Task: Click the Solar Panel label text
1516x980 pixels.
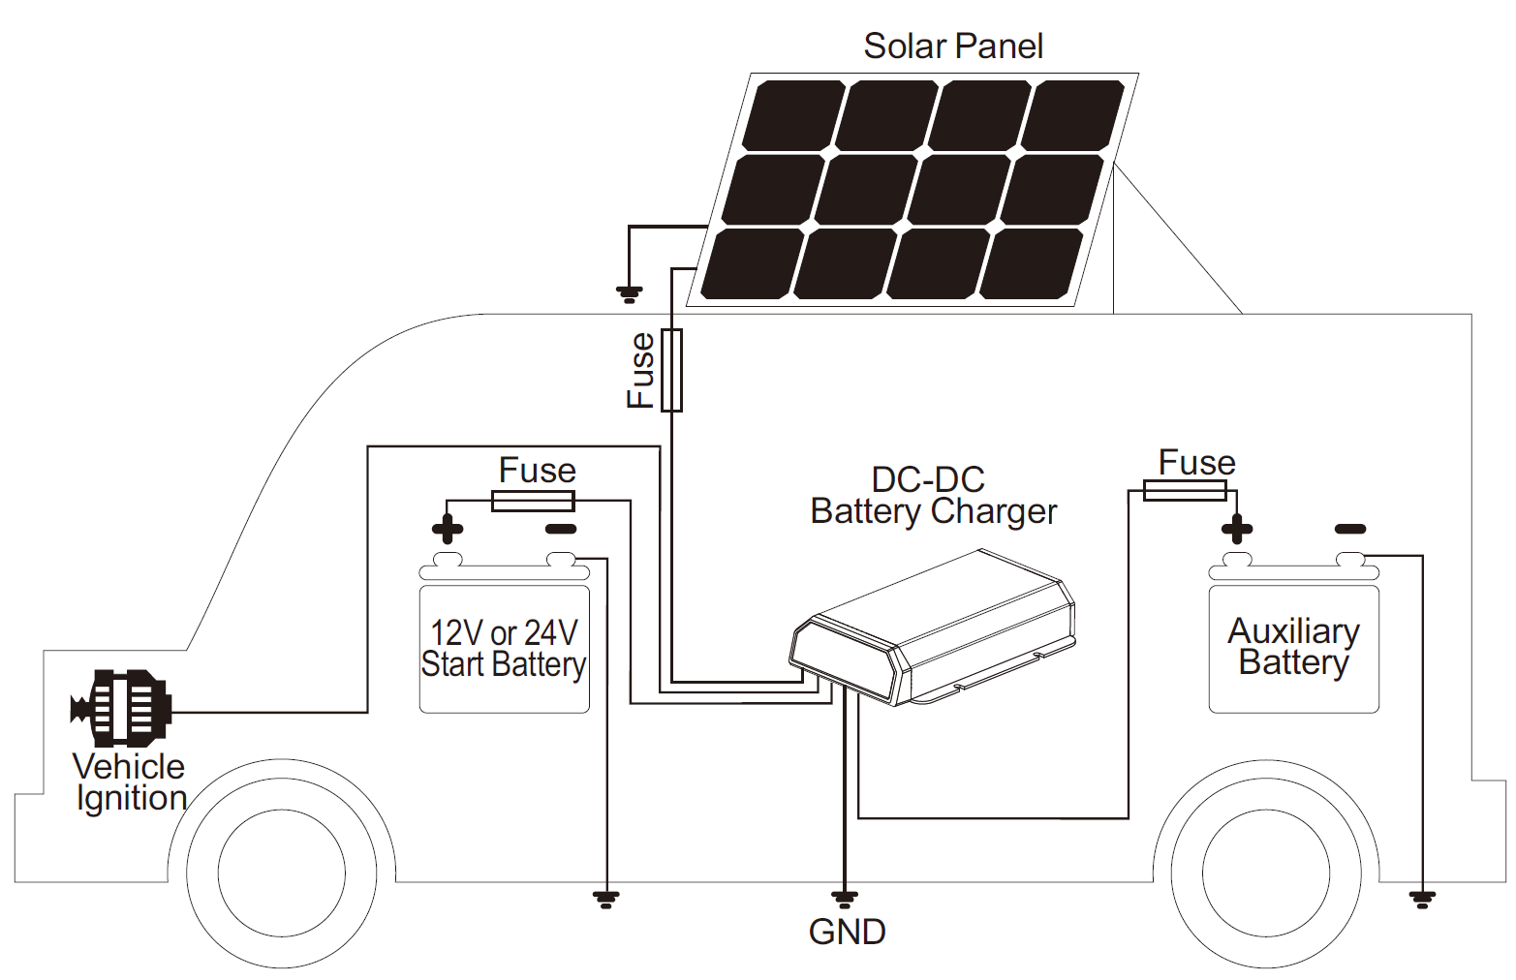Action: tap(953, 46)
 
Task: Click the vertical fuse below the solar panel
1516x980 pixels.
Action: tap(671, 370)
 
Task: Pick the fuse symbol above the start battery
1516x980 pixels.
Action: tap(533, 501)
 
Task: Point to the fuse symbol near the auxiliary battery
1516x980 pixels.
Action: tap(1185, 491)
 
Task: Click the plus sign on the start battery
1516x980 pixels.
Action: tap(447, 529)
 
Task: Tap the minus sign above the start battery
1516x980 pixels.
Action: tap(561, 529)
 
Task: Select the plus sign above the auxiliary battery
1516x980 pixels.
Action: tap(1237, 529)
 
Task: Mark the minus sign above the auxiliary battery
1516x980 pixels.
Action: tap(1350, 529)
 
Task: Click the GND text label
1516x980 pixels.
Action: tap(847, 932)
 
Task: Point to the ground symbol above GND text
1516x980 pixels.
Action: tap(845, 899)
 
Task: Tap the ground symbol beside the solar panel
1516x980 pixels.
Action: tap(630, 294)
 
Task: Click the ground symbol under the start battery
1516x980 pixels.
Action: tap(605, 899)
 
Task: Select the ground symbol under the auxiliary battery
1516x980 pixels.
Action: tap(1422, 899)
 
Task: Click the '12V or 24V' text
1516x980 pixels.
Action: tap(504, 633)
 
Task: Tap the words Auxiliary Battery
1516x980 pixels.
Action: tap(1294, 646)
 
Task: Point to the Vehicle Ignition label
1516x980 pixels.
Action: tap(130, 781)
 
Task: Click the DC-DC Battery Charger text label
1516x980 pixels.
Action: tap(933, 495)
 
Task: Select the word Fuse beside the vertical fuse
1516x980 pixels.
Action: tap(641, 370)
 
